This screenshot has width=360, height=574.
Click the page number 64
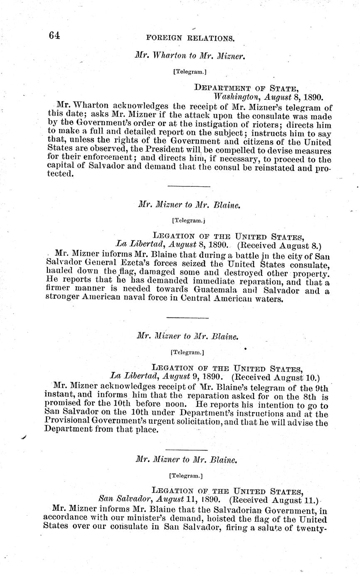[x=54, y=36]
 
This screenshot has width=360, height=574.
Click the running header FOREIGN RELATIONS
[x=190, y=39]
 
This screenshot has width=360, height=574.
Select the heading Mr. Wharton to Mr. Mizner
[x=190, y=55]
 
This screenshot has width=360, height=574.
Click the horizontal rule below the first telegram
[x=189, y=186]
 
